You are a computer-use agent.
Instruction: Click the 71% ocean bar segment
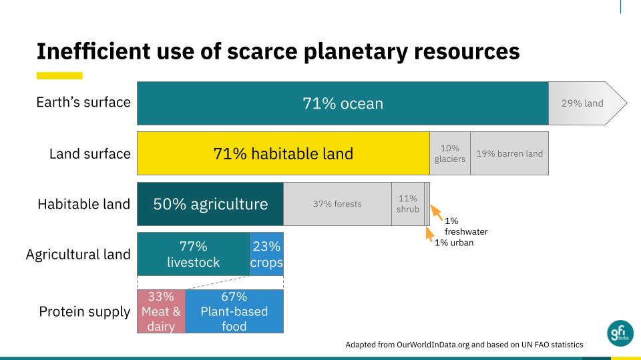click(343, 103)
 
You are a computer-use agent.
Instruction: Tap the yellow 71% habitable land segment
click(283, 153)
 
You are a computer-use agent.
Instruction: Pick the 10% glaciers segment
click(449, 153)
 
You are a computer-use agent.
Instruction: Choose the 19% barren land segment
click(509, 153)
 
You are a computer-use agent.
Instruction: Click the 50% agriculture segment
click(210, 204)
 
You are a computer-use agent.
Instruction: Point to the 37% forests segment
click(337, 204)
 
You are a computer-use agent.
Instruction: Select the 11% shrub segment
click(407, 204)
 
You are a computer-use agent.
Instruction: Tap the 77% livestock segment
click(194, 254)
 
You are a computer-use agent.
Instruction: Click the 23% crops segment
click(266, 254)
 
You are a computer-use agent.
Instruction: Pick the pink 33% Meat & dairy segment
click(161, 311)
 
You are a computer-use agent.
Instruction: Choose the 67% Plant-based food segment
click(234, 311)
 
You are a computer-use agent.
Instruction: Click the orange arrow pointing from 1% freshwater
click(436, 213)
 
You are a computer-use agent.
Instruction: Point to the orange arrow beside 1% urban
click(429, 234)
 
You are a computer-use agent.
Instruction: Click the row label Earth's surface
click(83, 102)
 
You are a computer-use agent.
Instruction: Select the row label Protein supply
click(85, 312)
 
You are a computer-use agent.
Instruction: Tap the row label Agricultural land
click(78, 255)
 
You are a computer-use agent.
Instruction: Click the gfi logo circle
click(620, 333)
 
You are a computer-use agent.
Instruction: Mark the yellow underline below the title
click(59, 75)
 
